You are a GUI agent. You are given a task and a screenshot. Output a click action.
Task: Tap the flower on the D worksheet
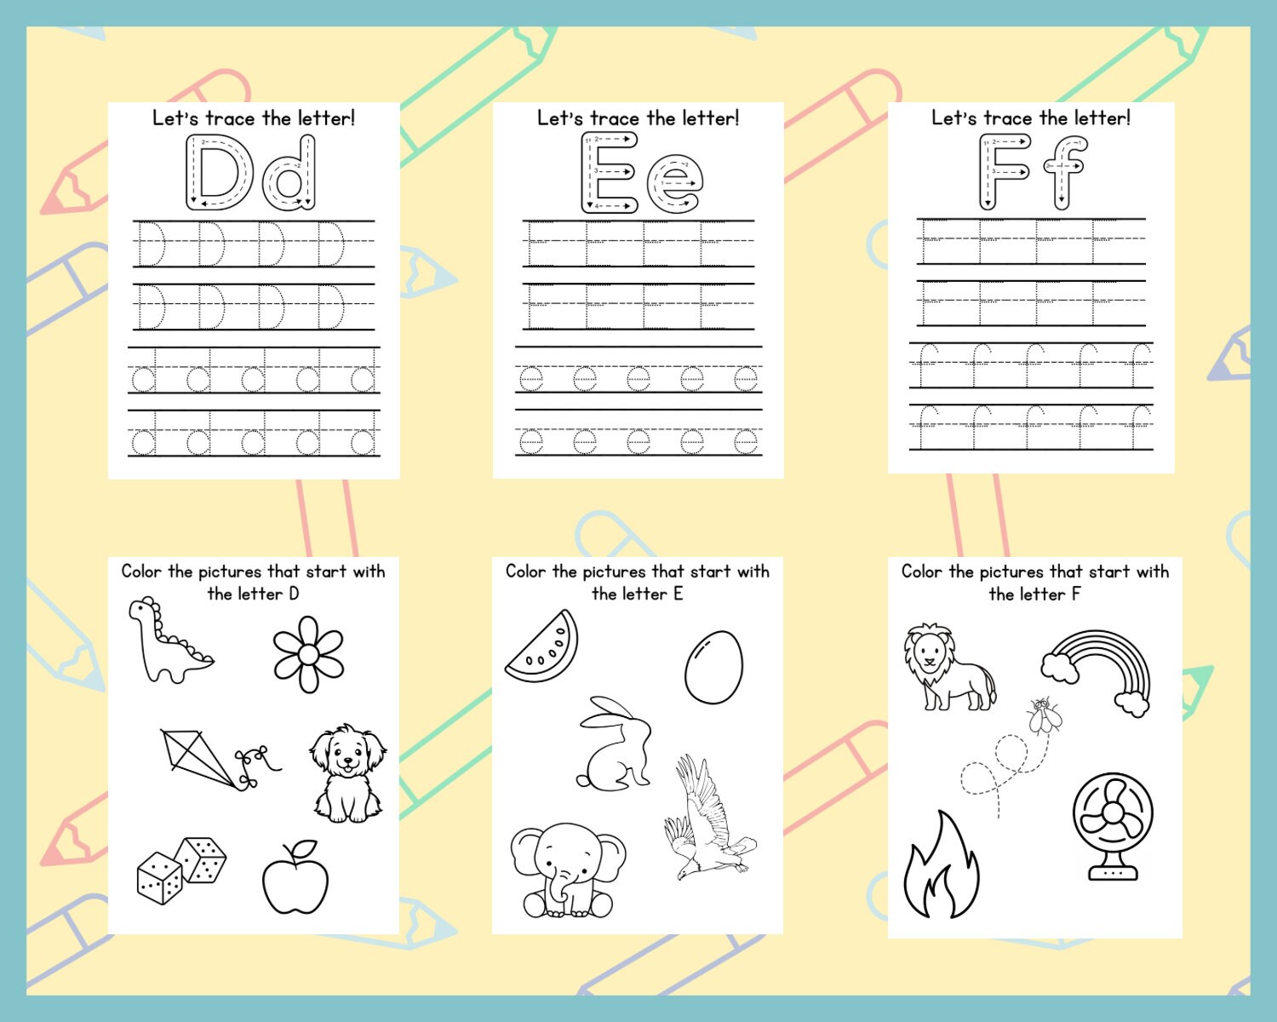click(x=308, y=654)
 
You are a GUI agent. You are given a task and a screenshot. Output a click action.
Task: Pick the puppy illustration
click(x=347, y=773)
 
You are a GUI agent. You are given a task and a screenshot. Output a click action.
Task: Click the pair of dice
click(x=181, y=870)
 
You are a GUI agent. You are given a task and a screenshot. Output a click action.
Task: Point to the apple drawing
click(x=295, y=879)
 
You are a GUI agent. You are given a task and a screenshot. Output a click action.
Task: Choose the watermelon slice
click(x=543, y=647)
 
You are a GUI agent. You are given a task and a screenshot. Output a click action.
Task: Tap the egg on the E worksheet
click(x=713, y=667)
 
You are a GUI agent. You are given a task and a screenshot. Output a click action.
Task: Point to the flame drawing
click(x=942, y=869)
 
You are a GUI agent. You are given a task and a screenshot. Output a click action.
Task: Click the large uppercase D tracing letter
click(x=219, y=173)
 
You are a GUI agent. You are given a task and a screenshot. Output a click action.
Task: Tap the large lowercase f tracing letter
click(x=1064, y=172)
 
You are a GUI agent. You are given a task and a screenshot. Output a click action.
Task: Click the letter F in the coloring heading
click(x=1076, y=594)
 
